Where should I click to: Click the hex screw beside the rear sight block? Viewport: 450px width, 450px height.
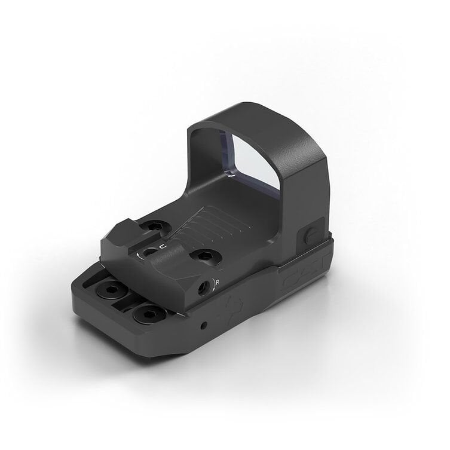(x=155, y=226)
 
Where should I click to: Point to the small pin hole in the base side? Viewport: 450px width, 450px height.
(x=204, y=326)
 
